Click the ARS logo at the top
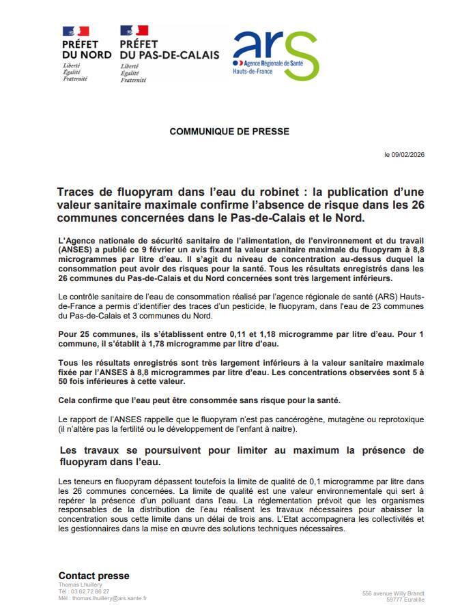(x=274, y=55)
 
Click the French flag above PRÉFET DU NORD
(x=75, y=31)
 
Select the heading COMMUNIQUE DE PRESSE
(x=229, y=132)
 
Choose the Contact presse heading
(x=94, y=576)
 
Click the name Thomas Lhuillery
(x=80, y=585)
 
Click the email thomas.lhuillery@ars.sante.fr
(x=106, y=598)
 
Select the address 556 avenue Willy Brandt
(x=393, y=593)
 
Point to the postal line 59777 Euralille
(x=405, y=600)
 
